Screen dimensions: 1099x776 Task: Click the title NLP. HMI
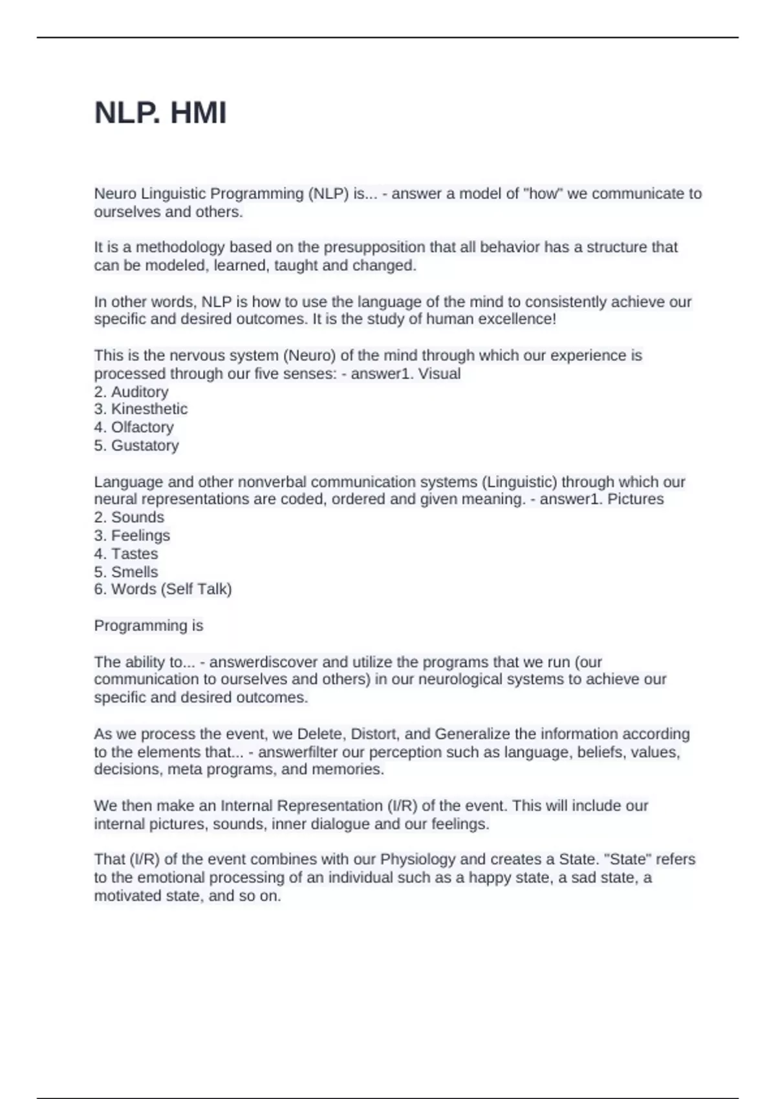(x=160, y=113)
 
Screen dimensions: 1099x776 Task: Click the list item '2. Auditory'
(x=131, y=392)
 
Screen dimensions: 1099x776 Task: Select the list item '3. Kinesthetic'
(x=141, y=409)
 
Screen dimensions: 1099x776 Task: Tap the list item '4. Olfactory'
(x=134, y=427)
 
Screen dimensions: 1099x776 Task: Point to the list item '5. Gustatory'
(x=136, y=445)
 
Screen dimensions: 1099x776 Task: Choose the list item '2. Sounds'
(x=129, y=517)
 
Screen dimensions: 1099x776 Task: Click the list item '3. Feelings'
(x=132, y=535)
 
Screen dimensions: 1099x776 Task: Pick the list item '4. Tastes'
(x=126, y=553)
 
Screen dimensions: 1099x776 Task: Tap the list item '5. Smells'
(x=126, y=571)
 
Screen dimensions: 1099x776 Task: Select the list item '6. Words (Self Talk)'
(x=163, y=589)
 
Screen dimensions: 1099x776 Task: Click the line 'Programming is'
(x=149, y=626)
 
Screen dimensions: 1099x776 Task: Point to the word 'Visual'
(x=439, y=374)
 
